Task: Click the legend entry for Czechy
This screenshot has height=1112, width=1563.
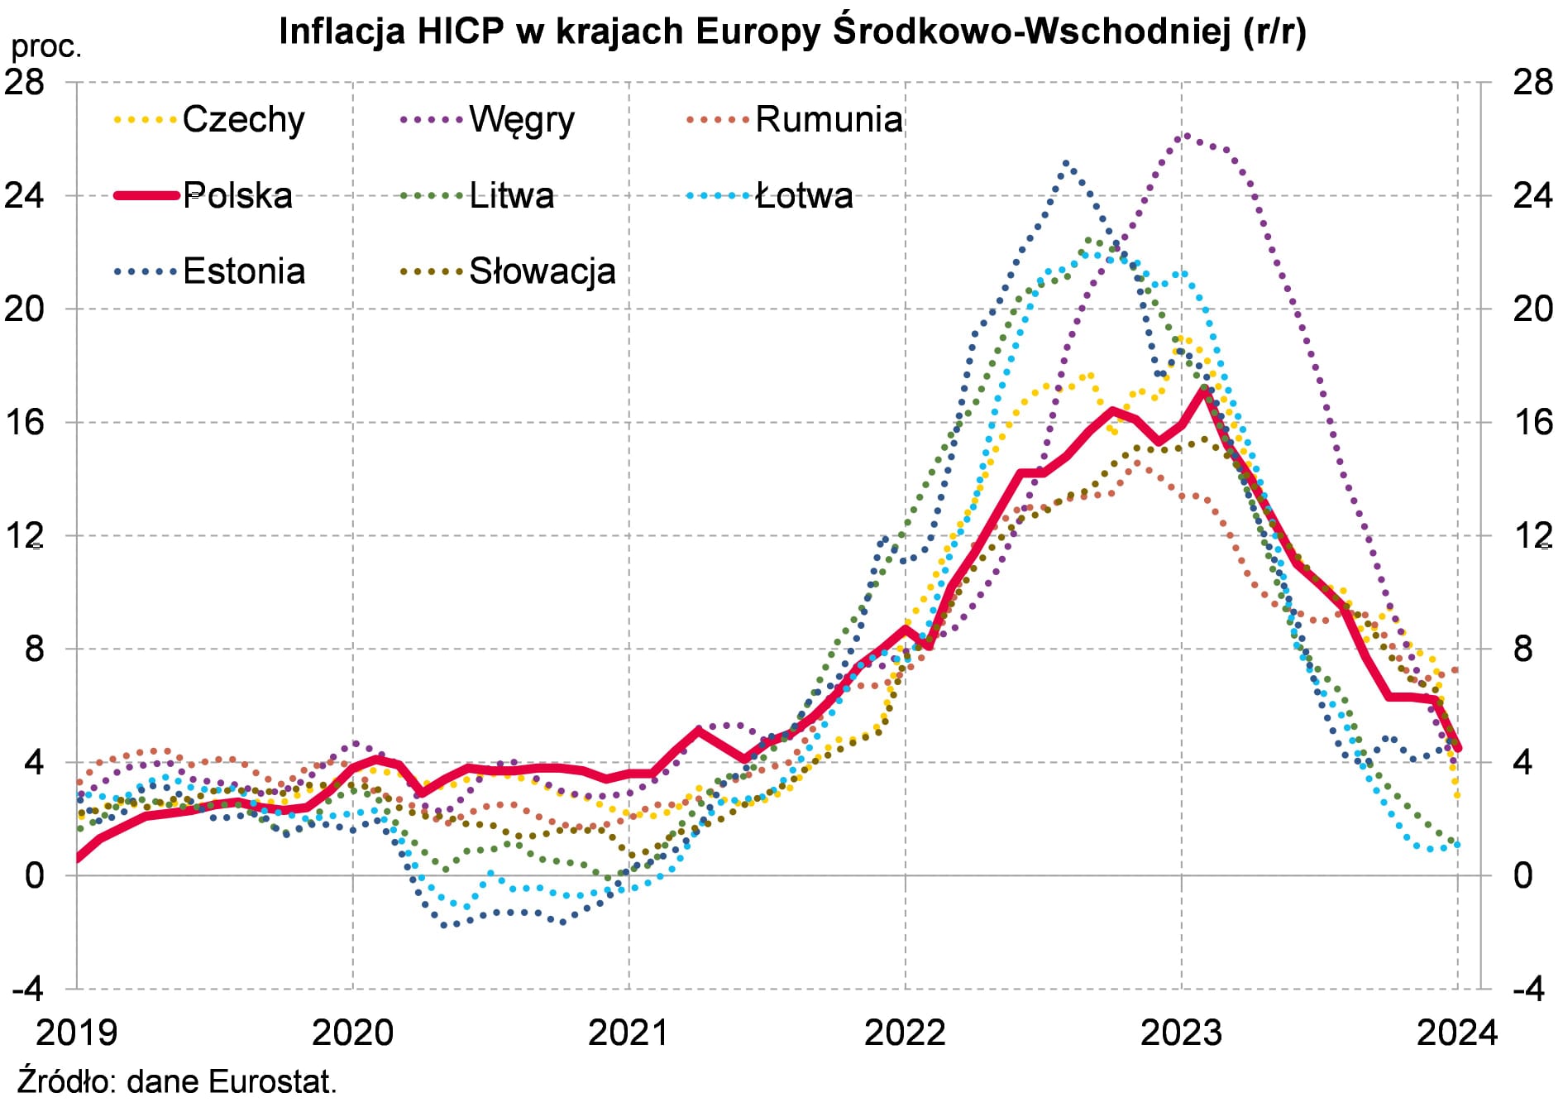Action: (243, 120)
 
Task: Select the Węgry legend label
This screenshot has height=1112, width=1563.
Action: (521, 120)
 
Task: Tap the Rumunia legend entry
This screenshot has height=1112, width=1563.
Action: (829, 120)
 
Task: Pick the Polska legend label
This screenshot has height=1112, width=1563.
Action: (237, 196)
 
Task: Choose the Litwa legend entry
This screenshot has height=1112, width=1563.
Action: (511, 196)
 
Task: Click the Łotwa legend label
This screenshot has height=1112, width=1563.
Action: (804, 196)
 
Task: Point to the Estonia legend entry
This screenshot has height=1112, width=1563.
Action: (244, 271)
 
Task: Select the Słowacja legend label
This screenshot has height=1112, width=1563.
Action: (542, 271)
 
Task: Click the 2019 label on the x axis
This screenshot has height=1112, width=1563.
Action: (77, 1033)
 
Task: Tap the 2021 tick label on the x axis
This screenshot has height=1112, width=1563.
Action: (629, 1033)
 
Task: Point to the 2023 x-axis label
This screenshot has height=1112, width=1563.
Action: (1181, 1033)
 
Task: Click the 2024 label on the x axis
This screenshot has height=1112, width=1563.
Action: (1457, 1033)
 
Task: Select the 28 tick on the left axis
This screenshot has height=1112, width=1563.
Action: (24, 82)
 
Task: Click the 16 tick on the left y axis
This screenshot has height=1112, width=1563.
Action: (24, 422)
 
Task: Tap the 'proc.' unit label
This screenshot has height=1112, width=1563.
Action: (46, 47)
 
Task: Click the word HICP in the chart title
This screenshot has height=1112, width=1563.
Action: (461, 31)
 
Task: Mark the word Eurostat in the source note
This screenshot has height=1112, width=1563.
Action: (272, 1081)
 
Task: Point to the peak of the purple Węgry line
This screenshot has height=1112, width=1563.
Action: (1186, 135)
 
